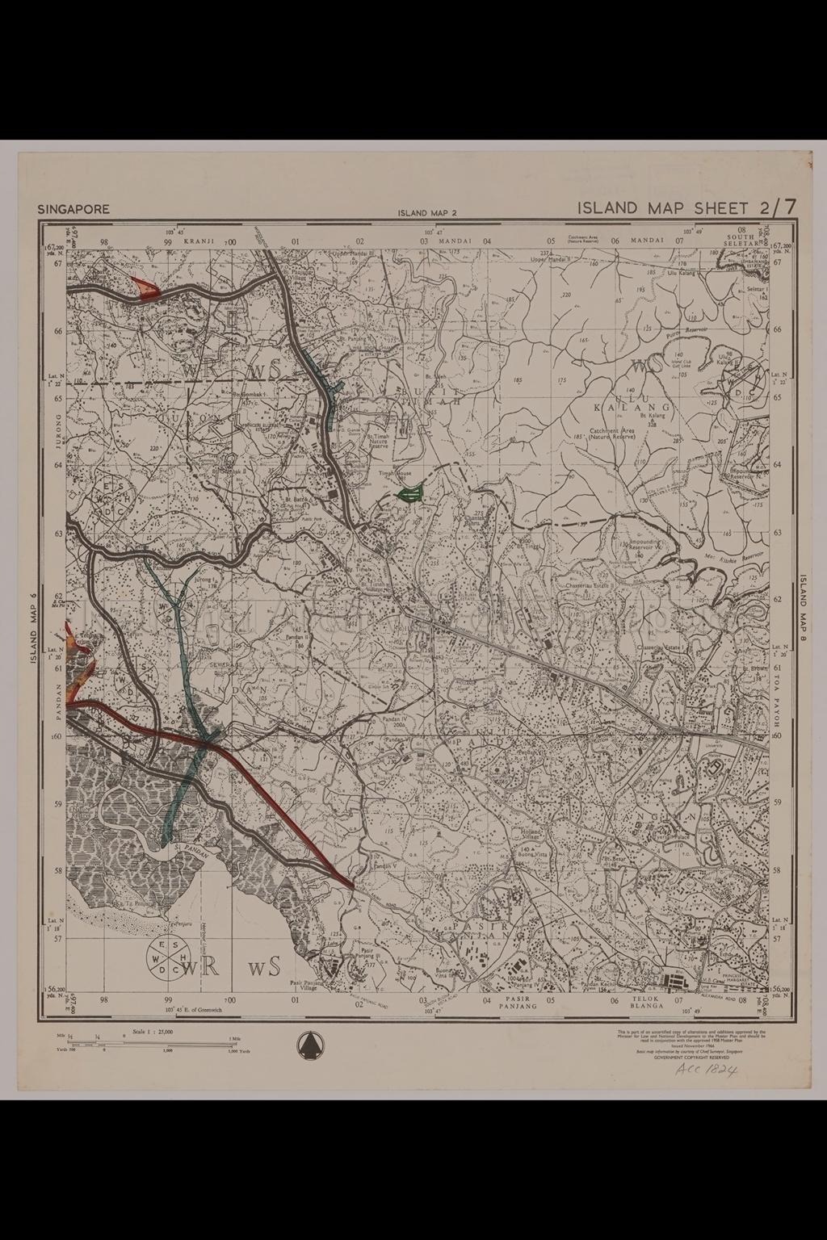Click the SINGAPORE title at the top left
73,209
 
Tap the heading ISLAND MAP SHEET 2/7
686,207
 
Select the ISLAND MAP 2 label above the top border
427,214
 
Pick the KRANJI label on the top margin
196,241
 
